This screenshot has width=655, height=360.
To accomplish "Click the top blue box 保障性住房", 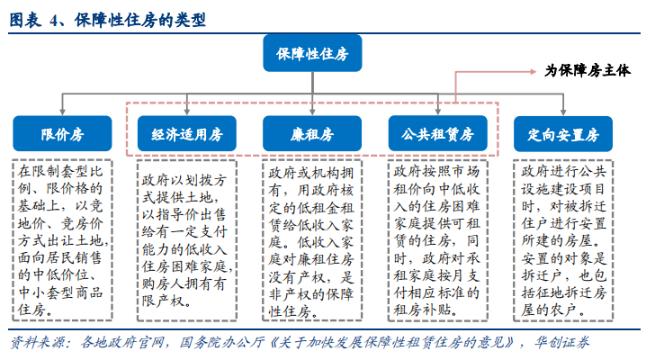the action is (312, 53).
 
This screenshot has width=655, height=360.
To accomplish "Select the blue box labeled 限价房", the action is (62, 133).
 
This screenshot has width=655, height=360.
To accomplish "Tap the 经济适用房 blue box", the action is (187, 133).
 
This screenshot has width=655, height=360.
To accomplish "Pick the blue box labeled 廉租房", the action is (312, 133).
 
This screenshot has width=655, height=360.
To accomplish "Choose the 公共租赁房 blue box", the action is (438, 133).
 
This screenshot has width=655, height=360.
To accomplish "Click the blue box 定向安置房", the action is (563, 134).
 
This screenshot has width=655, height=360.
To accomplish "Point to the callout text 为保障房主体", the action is (588, 70).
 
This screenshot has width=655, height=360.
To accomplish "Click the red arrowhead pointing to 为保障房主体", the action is (533, 72).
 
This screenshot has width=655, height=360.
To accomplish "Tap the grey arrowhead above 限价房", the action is (62, 112).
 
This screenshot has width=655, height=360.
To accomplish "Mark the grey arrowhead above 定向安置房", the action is (563, 112).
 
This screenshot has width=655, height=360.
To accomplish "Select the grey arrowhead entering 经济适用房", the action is (187, 112).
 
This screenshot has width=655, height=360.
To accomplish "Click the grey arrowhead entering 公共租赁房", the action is (438, 112).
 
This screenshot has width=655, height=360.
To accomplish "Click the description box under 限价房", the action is (62, 240).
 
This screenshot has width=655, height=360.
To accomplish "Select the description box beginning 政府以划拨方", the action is (187, 240).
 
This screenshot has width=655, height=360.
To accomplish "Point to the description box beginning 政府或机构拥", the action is (312, 240).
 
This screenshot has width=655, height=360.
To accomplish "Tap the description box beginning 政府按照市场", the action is (438, 240).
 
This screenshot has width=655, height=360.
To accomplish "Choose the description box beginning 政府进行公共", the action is (563, 240).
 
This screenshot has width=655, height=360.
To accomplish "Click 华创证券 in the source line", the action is (561, 343).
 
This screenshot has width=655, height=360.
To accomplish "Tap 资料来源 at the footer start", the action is (38, 343).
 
